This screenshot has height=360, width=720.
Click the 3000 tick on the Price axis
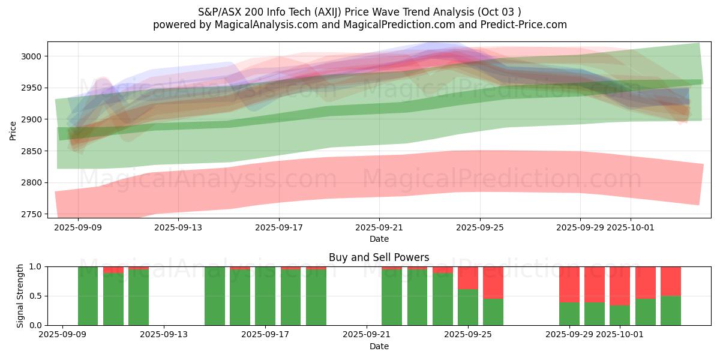(33, 56)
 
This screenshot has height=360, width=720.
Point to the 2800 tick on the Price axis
(33, 182)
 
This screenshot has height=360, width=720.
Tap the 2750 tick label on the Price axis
(33, 214)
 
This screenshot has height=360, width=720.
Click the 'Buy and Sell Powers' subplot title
(379, 257)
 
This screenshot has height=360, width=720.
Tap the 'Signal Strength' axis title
(20, 296)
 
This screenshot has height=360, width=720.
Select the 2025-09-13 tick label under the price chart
(178, 227)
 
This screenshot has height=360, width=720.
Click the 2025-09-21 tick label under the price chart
(379, 227)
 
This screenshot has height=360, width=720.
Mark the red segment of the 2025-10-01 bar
(620, 286)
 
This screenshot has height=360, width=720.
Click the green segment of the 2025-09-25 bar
(468, 307)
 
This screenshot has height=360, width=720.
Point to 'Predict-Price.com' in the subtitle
(522, 25)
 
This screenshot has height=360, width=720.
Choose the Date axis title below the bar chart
(379, 346)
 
